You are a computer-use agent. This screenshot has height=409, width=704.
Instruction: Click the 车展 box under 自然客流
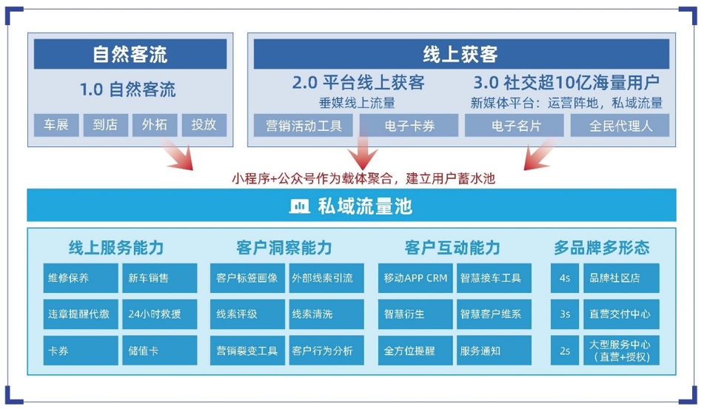[56, 125]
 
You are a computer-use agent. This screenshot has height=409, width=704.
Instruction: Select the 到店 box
[106, 125]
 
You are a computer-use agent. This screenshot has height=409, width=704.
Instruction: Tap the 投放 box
[204, 125]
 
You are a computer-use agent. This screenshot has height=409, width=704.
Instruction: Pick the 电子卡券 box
[409, 125]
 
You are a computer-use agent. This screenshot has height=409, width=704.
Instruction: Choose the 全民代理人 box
[620, 125]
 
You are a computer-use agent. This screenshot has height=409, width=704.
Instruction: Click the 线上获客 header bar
[461, 54]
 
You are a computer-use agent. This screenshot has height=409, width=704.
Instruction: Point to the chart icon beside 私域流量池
[300, 206]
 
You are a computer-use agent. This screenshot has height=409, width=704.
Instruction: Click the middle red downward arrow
[363, 148]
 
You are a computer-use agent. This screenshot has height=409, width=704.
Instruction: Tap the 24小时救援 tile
[159, 314]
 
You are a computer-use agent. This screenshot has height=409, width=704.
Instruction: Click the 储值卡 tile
[159, 351]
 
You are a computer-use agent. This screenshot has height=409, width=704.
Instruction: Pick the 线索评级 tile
[247, 314]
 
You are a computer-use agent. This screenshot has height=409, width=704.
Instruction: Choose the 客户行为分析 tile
[326, 351]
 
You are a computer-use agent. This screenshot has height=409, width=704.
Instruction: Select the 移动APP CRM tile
[415, 278]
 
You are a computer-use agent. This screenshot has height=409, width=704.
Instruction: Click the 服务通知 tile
[494, 351]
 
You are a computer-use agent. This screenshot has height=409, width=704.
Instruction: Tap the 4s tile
[565, 278]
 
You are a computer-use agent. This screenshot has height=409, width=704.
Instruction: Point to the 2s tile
[565, 351]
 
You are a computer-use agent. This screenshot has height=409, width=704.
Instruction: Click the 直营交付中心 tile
[621, 314]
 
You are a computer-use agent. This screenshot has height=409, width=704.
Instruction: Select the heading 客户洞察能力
[284, 248]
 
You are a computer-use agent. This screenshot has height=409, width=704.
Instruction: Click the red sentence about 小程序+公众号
[363, 178]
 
